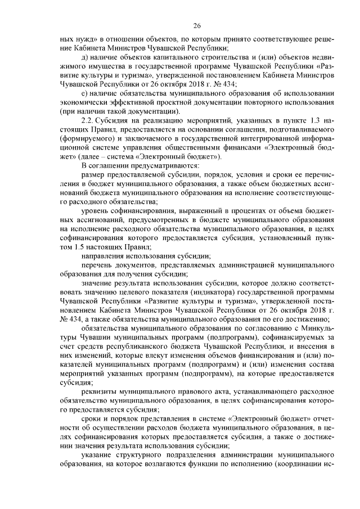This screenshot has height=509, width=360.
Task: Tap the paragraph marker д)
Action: pyautogui.click(x=85, y=57)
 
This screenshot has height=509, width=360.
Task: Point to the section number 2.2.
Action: pyautogui.click(x=88, y=120)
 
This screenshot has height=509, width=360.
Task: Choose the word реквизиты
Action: pyautogui.click(x=102, y=391)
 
